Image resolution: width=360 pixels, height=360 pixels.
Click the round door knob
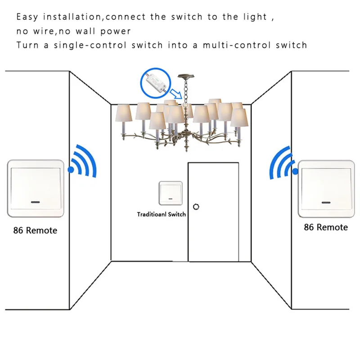pos(196,206)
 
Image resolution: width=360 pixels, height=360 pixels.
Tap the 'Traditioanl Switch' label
pos(162,215)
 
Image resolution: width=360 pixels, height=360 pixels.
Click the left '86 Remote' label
pos(35,230)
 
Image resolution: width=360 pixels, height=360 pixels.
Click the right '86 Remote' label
pos(326,227)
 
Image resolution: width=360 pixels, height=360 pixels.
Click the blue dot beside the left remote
pos(70,170)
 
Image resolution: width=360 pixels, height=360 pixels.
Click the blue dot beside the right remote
pos(295,171)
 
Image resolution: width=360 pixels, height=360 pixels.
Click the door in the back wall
pos(213,211)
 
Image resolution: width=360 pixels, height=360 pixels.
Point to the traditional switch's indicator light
pos(171,198)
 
